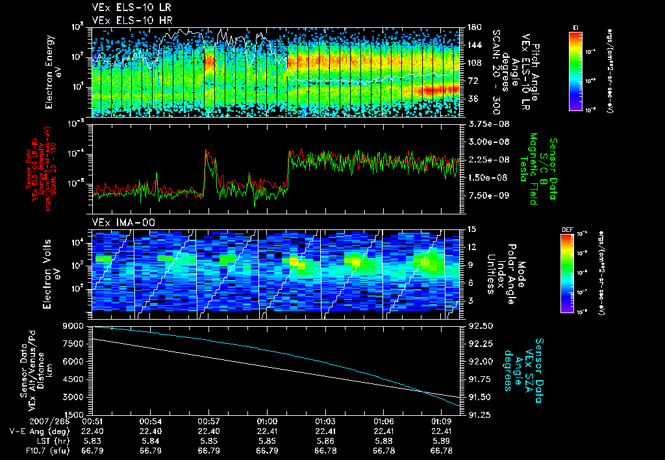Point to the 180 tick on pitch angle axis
pyautogui.click(x=473, y=27)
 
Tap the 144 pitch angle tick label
pyautogui.click(x=473, y=45)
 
